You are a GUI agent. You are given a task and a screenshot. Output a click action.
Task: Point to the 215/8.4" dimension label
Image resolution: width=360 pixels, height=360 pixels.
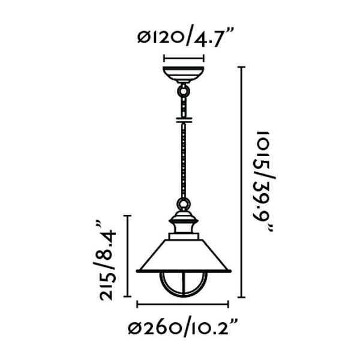tap(105, 260)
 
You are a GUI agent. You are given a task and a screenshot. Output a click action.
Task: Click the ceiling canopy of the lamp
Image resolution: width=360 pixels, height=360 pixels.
tap(184, 74)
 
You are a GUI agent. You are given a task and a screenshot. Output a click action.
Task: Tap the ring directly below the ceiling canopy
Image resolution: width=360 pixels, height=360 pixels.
tap(184, 92)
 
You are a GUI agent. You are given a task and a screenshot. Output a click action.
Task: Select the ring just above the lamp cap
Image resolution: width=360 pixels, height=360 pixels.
tap(184, 205)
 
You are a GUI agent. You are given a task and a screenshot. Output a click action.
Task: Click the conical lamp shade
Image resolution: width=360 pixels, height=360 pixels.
tap(184, 256)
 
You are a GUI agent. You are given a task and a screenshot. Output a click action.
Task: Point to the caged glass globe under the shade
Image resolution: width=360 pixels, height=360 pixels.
tap(184, 284)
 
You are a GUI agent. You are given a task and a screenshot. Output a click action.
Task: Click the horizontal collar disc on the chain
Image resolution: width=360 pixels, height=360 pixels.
tap(184, 120)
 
